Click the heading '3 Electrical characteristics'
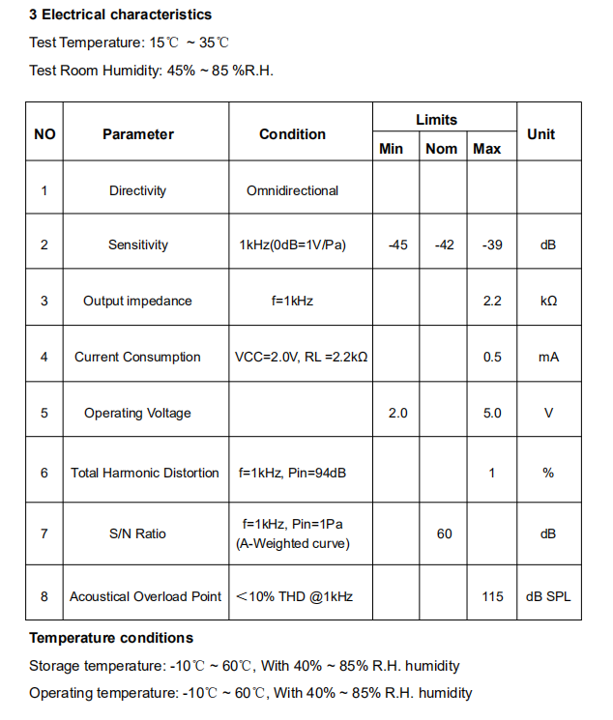[x=120, y=14]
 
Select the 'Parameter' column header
[x=138, y=134]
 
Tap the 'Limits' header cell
[x=437, y=120]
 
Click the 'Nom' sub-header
[x=442, y=149]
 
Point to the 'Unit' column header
[x=540, y=134]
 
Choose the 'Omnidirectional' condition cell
[x=292, y=190]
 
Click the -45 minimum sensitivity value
[x=397, y=245]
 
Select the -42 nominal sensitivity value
[x=444, y=245]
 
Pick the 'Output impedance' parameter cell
[x=137, y=301]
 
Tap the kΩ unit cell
[x=548, y=301]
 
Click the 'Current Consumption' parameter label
[x=137, y=357]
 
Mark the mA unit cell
[x=548, y=357]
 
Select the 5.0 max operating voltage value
[x=492, y=413]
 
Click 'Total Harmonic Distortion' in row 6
[x=145, y=473]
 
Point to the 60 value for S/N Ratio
[x=444, y=533]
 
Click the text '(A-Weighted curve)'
[x=292, y=543]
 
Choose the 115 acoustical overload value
[x=492, y=596]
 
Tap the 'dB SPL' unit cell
[x=548, y=596]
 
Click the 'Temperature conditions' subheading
[x=111, y=638]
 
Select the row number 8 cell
[x=44, y=596]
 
